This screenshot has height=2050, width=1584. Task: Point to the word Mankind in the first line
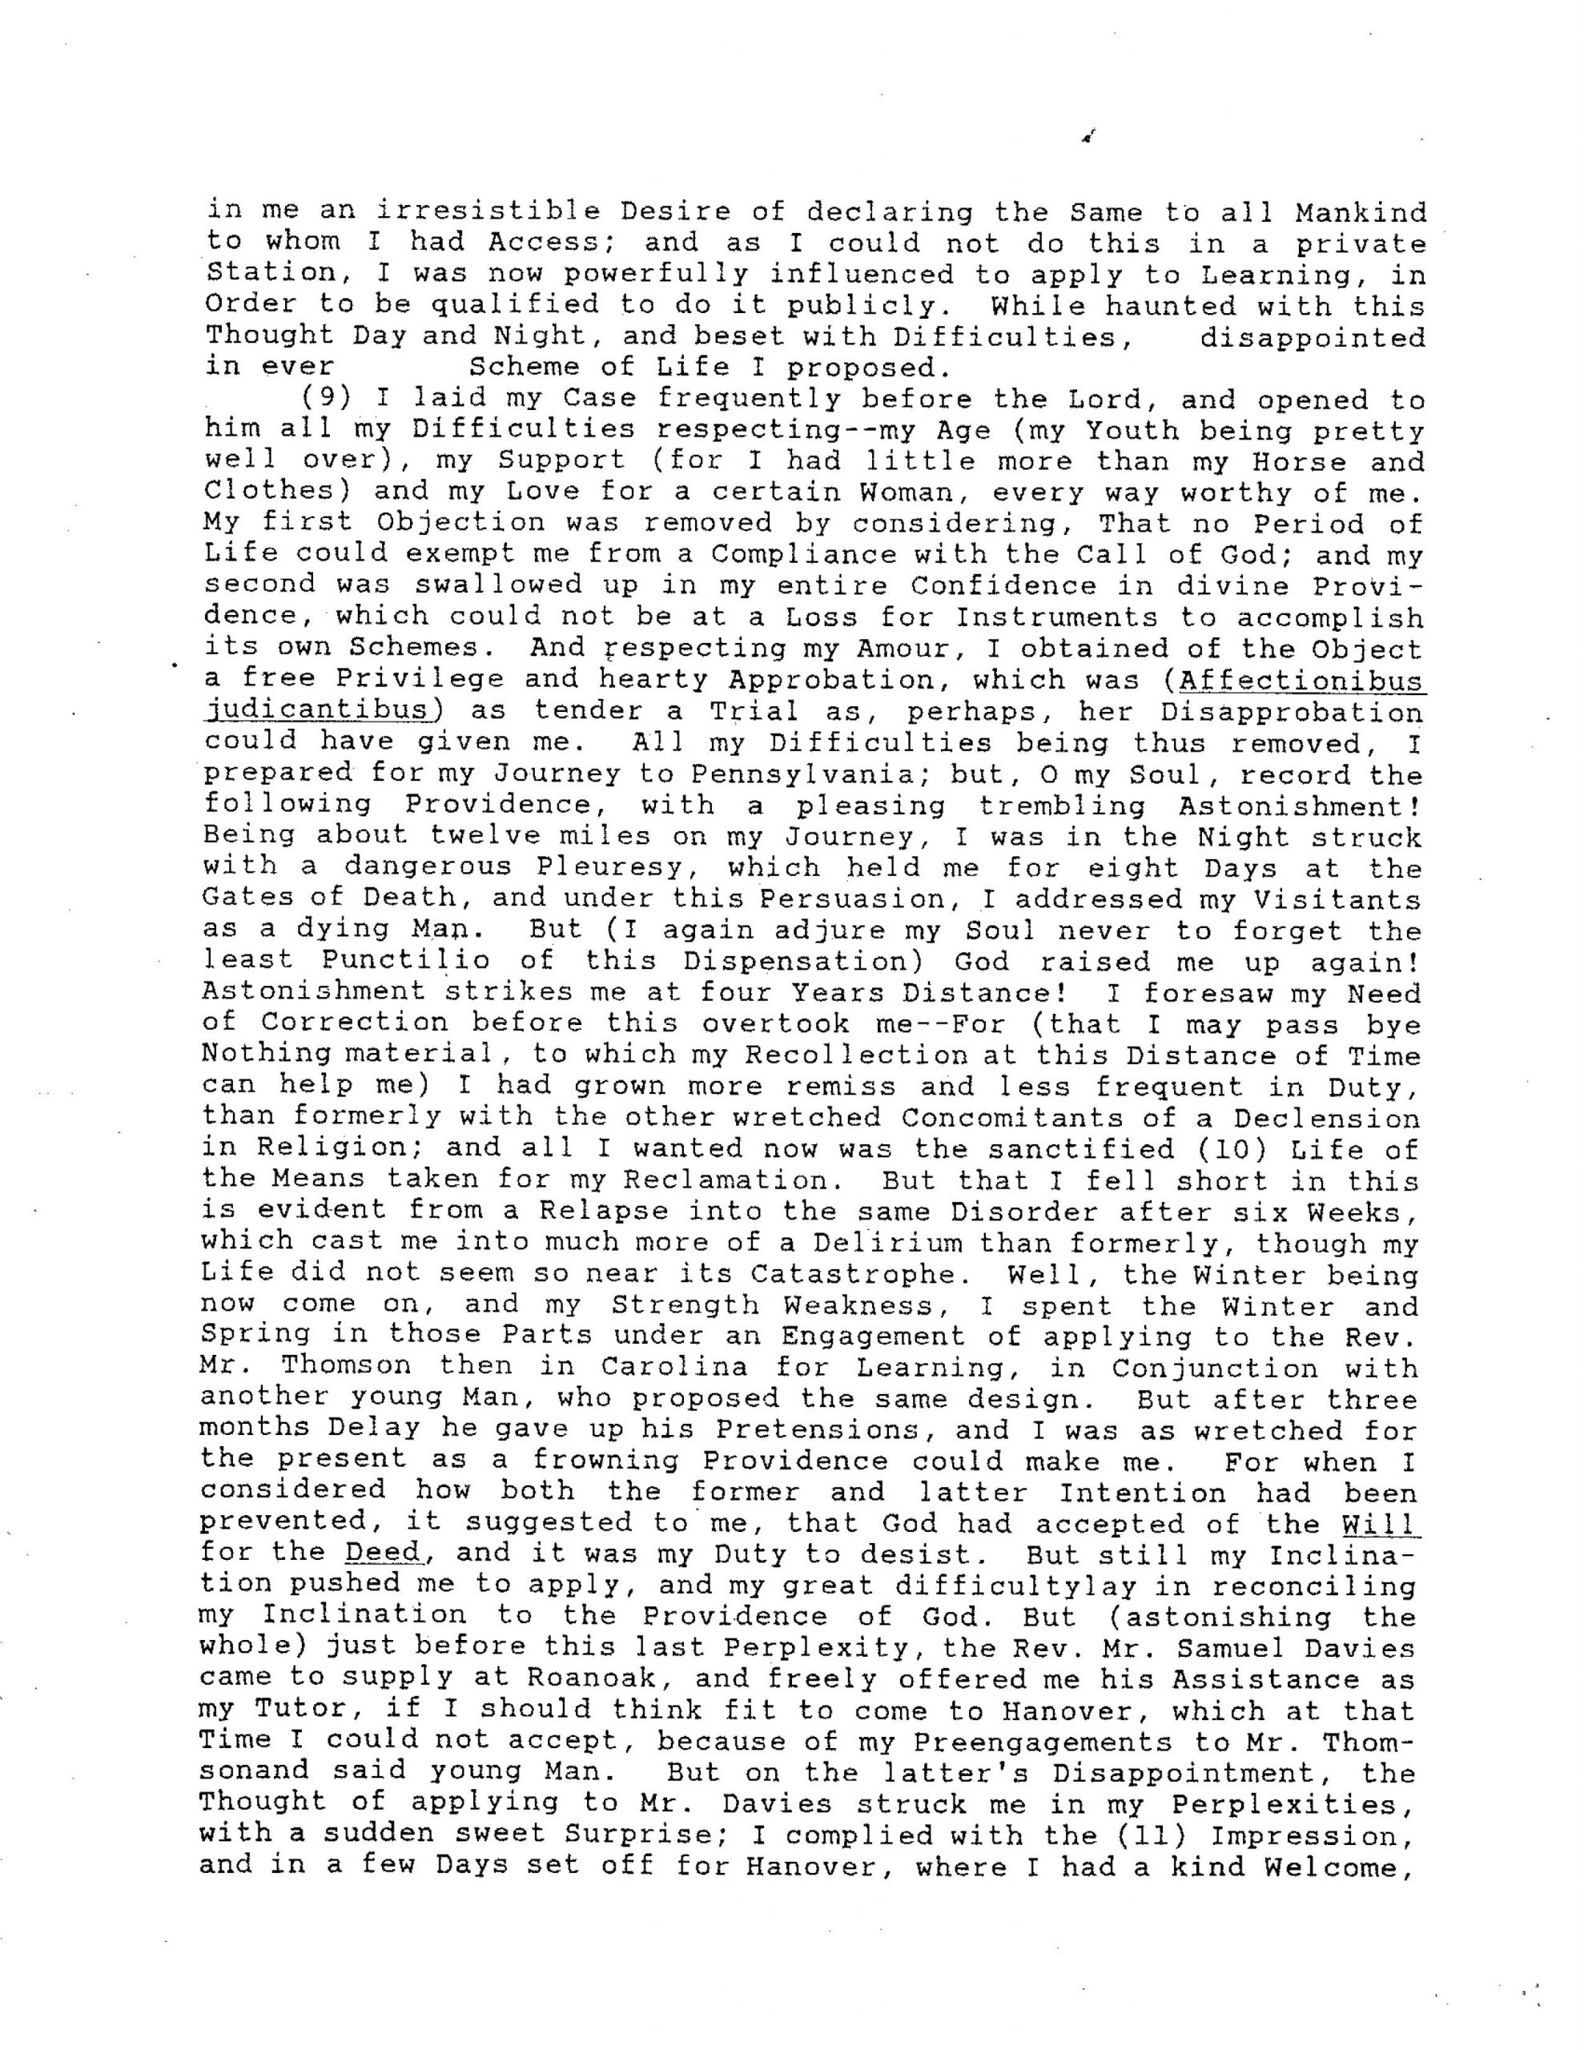(1360, 212)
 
